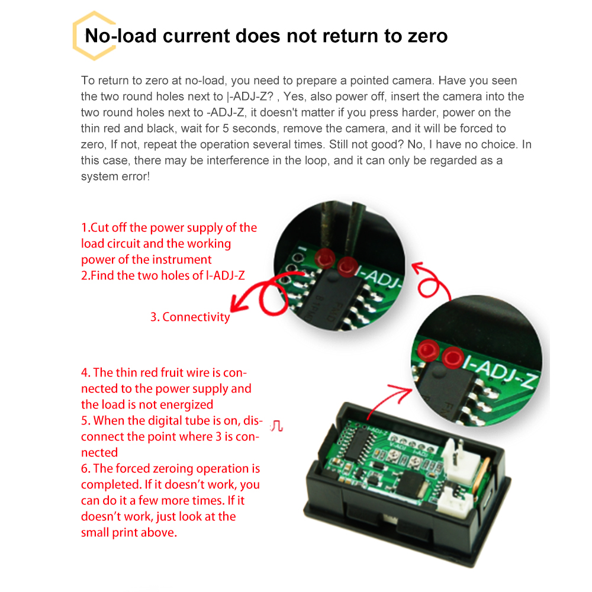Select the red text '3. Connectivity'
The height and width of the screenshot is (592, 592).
(190, 317)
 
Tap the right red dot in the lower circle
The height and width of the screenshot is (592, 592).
(454, 357)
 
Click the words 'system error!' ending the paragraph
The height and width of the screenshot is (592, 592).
(116, 176)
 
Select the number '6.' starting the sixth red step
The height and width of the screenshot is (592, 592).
(86, 469)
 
